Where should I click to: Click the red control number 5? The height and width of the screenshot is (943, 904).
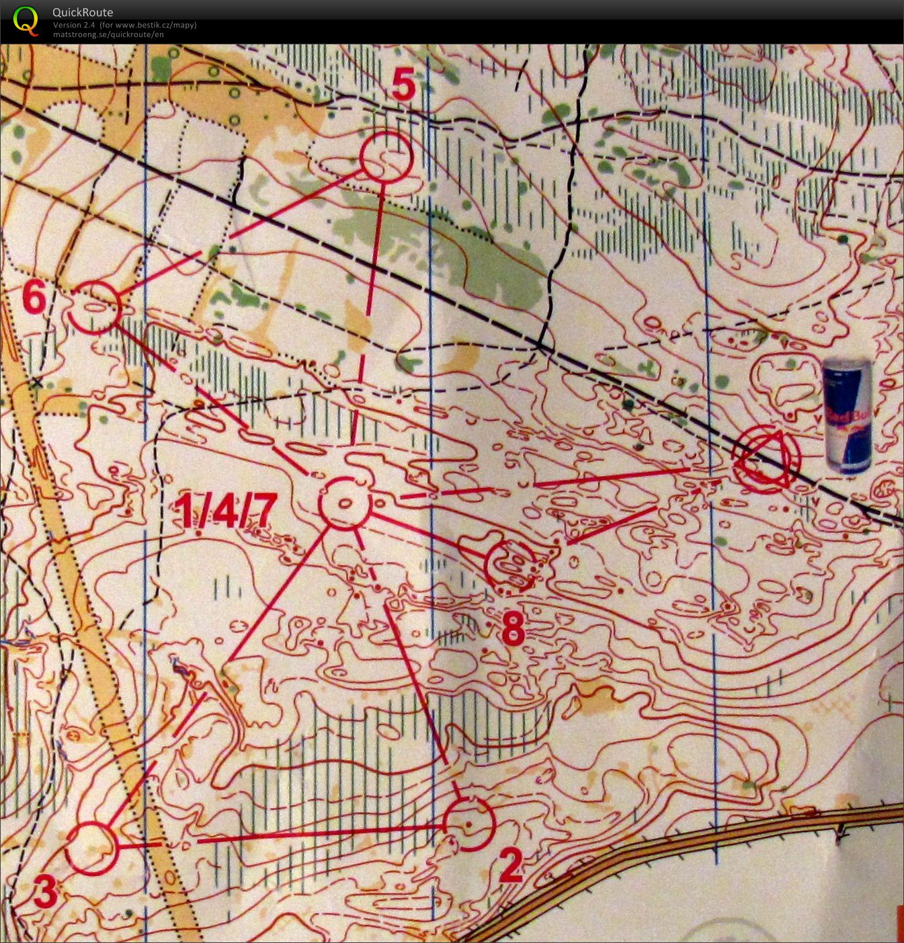pos(403,85)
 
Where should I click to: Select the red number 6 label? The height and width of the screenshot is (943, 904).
pos(34,297)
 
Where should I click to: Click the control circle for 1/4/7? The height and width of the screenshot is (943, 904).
pos(345,503)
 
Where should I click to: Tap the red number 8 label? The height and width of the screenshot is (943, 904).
pos(513,630)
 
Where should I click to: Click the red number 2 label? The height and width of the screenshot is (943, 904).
pos(510,866)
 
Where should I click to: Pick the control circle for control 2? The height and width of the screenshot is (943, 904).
pos(469,825)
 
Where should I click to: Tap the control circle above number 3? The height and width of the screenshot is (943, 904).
pos(92,848)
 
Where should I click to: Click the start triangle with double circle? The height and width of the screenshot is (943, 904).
pos(767,460)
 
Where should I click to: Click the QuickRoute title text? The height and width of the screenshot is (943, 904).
pos(83,12)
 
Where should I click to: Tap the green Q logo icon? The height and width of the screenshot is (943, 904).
pos(26,19)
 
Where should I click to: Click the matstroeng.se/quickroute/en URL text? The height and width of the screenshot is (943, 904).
pos(108,34)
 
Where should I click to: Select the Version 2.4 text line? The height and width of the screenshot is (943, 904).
pos(124,25)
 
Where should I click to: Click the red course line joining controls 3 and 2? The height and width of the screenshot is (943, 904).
pos(316,833)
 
